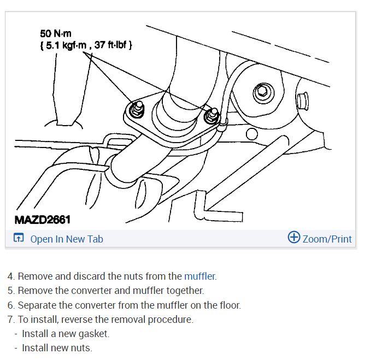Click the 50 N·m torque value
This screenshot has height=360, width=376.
tap(56, 34)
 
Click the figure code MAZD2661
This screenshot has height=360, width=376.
tap(43, 220)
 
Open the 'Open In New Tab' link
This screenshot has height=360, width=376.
tap(66, 239)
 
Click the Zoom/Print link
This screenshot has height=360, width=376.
tap(327, 239)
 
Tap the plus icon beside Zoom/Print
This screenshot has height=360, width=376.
tap(294, 238)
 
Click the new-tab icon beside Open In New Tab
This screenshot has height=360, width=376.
tap(19, 239)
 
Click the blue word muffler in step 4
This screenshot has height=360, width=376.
tap(199, 276)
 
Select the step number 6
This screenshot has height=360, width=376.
tap(10, 305)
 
